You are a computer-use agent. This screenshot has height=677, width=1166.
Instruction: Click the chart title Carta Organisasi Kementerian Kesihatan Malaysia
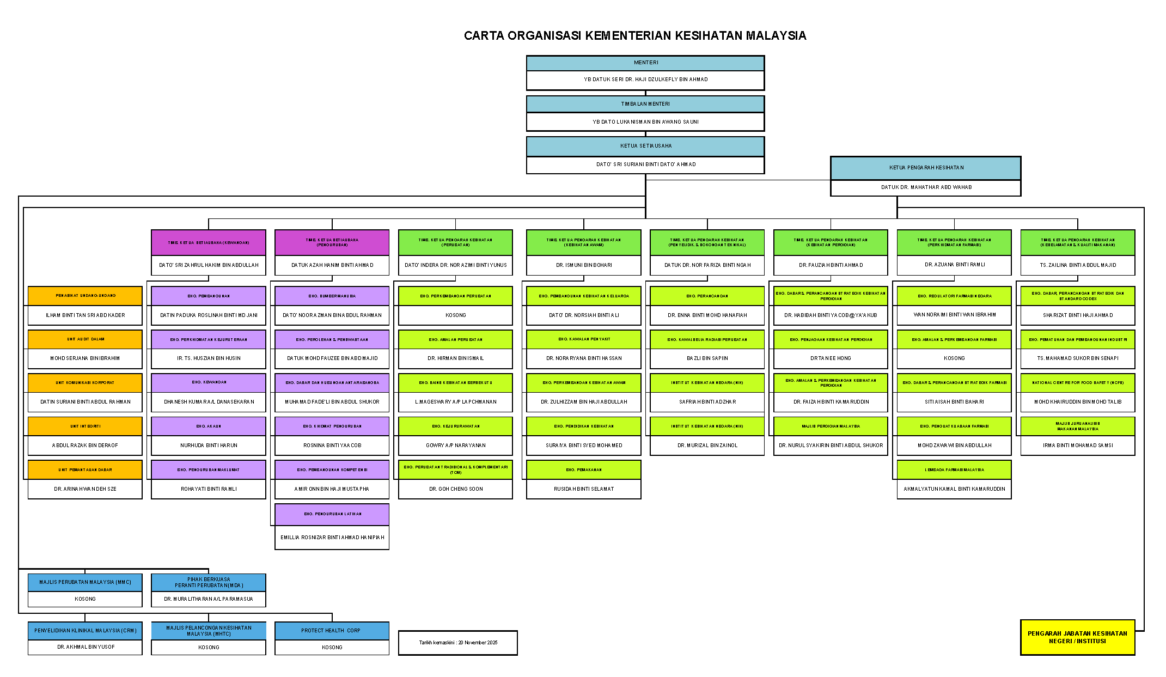[634, 36]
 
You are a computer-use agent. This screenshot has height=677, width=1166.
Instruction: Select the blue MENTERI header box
[645, 63]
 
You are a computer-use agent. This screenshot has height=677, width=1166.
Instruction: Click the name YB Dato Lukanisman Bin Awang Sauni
[645, 122]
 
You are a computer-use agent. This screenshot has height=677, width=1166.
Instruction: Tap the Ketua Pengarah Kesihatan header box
[926, 168]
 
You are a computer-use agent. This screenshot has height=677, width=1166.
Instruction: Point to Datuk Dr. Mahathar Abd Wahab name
[926, 187]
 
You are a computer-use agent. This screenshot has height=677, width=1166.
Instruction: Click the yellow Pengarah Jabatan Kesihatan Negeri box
[1077, 637]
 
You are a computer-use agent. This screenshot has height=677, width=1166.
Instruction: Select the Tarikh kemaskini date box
[457, 643]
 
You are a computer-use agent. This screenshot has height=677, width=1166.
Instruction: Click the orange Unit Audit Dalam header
[85, 339]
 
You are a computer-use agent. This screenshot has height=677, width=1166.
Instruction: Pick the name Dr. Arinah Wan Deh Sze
[85, 489]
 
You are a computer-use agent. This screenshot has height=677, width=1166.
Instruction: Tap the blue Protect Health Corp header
[332, 631]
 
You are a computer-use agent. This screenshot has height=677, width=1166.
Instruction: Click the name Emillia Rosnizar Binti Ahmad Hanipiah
[332, 538]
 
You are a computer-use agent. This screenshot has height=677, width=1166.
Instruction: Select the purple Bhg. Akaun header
[209, 426]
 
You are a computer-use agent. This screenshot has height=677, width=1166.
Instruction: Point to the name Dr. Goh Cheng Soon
[456, 489]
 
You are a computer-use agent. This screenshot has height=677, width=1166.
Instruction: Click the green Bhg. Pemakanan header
[583, 469]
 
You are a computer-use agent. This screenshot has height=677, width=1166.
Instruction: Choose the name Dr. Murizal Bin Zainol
[707, 446]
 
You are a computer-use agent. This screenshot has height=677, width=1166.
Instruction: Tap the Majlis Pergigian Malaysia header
[831, 426]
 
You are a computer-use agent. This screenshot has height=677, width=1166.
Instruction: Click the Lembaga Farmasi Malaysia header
[954, 469]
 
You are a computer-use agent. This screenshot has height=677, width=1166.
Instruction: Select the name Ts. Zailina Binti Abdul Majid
[1078, 265]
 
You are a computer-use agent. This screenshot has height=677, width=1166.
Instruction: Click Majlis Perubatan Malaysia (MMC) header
[85, 582]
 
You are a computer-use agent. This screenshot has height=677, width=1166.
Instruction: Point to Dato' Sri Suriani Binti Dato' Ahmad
[645, 164]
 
